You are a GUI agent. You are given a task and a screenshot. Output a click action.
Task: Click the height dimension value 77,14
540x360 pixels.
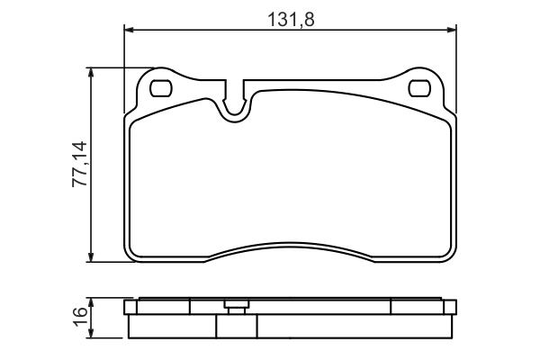tap(78, 164)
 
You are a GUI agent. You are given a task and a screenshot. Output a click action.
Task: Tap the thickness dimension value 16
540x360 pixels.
tap(79, 316)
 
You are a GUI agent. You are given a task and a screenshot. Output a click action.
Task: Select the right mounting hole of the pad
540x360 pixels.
tap(419, 88)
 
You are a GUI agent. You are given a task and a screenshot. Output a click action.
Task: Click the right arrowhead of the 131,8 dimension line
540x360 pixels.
tap(449, 31)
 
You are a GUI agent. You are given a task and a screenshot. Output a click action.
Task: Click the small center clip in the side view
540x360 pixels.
tap(236, 306)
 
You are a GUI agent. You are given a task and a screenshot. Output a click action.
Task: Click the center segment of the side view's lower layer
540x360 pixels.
tap(290, 325)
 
